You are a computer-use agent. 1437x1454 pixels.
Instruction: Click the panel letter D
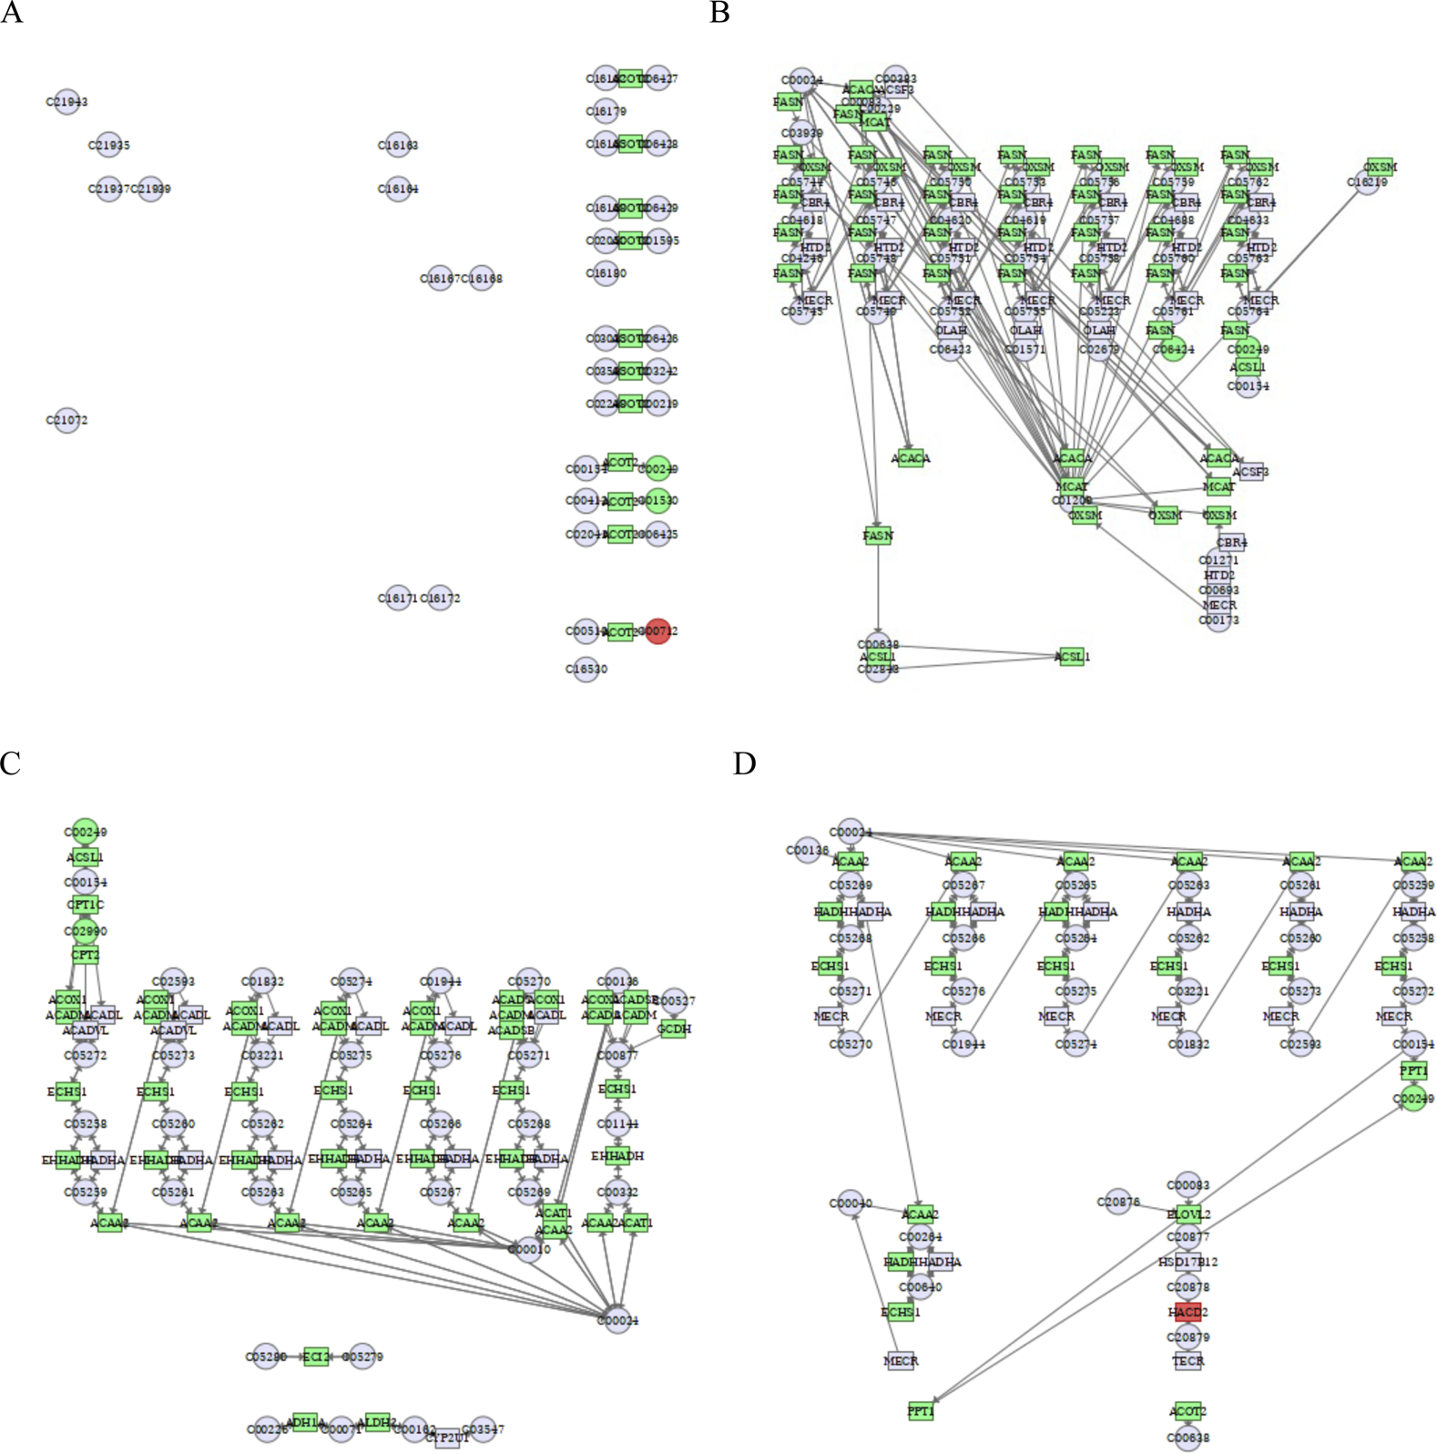pos(744,763)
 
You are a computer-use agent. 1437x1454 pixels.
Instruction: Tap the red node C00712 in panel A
pos(657,630)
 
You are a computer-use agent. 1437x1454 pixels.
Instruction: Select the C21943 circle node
pos(66,102)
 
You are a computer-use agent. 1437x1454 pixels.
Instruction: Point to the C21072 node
pos(66,420)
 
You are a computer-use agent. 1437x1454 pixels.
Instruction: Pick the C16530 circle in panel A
pos(586,669)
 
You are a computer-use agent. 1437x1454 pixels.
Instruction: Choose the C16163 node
pos(398,145)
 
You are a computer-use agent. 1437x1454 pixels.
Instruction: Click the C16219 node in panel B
pos(1367,182)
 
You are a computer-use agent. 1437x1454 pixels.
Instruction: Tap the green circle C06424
pos(1174,349)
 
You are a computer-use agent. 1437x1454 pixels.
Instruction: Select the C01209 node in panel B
pos(1072,500)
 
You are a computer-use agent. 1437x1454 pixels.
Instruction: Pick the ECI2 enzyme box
pos(315,1357)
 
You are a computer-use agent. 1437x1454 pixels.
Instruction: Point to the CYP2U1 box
pos(447,1438)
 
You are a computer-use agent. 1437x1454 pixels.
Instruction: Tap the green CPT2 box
pos(85,955)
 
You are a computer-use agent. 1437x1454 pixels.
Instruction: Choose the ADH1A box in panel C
pos(304,1422)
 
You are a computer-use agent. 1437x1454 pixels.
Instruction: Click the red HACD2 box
pos(1187,1312)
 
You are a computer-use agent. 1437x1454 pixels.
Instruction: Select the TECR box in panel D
pos(1187,1360)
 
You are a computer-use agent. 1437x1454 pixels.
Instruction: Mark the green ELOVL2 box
pos(1187,1214)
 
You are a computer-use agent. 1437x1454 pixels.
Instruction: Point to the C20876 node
pos(1118,1202)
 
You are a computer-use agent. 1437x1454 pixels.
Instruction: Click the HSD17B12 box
pos(1187,1262)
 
